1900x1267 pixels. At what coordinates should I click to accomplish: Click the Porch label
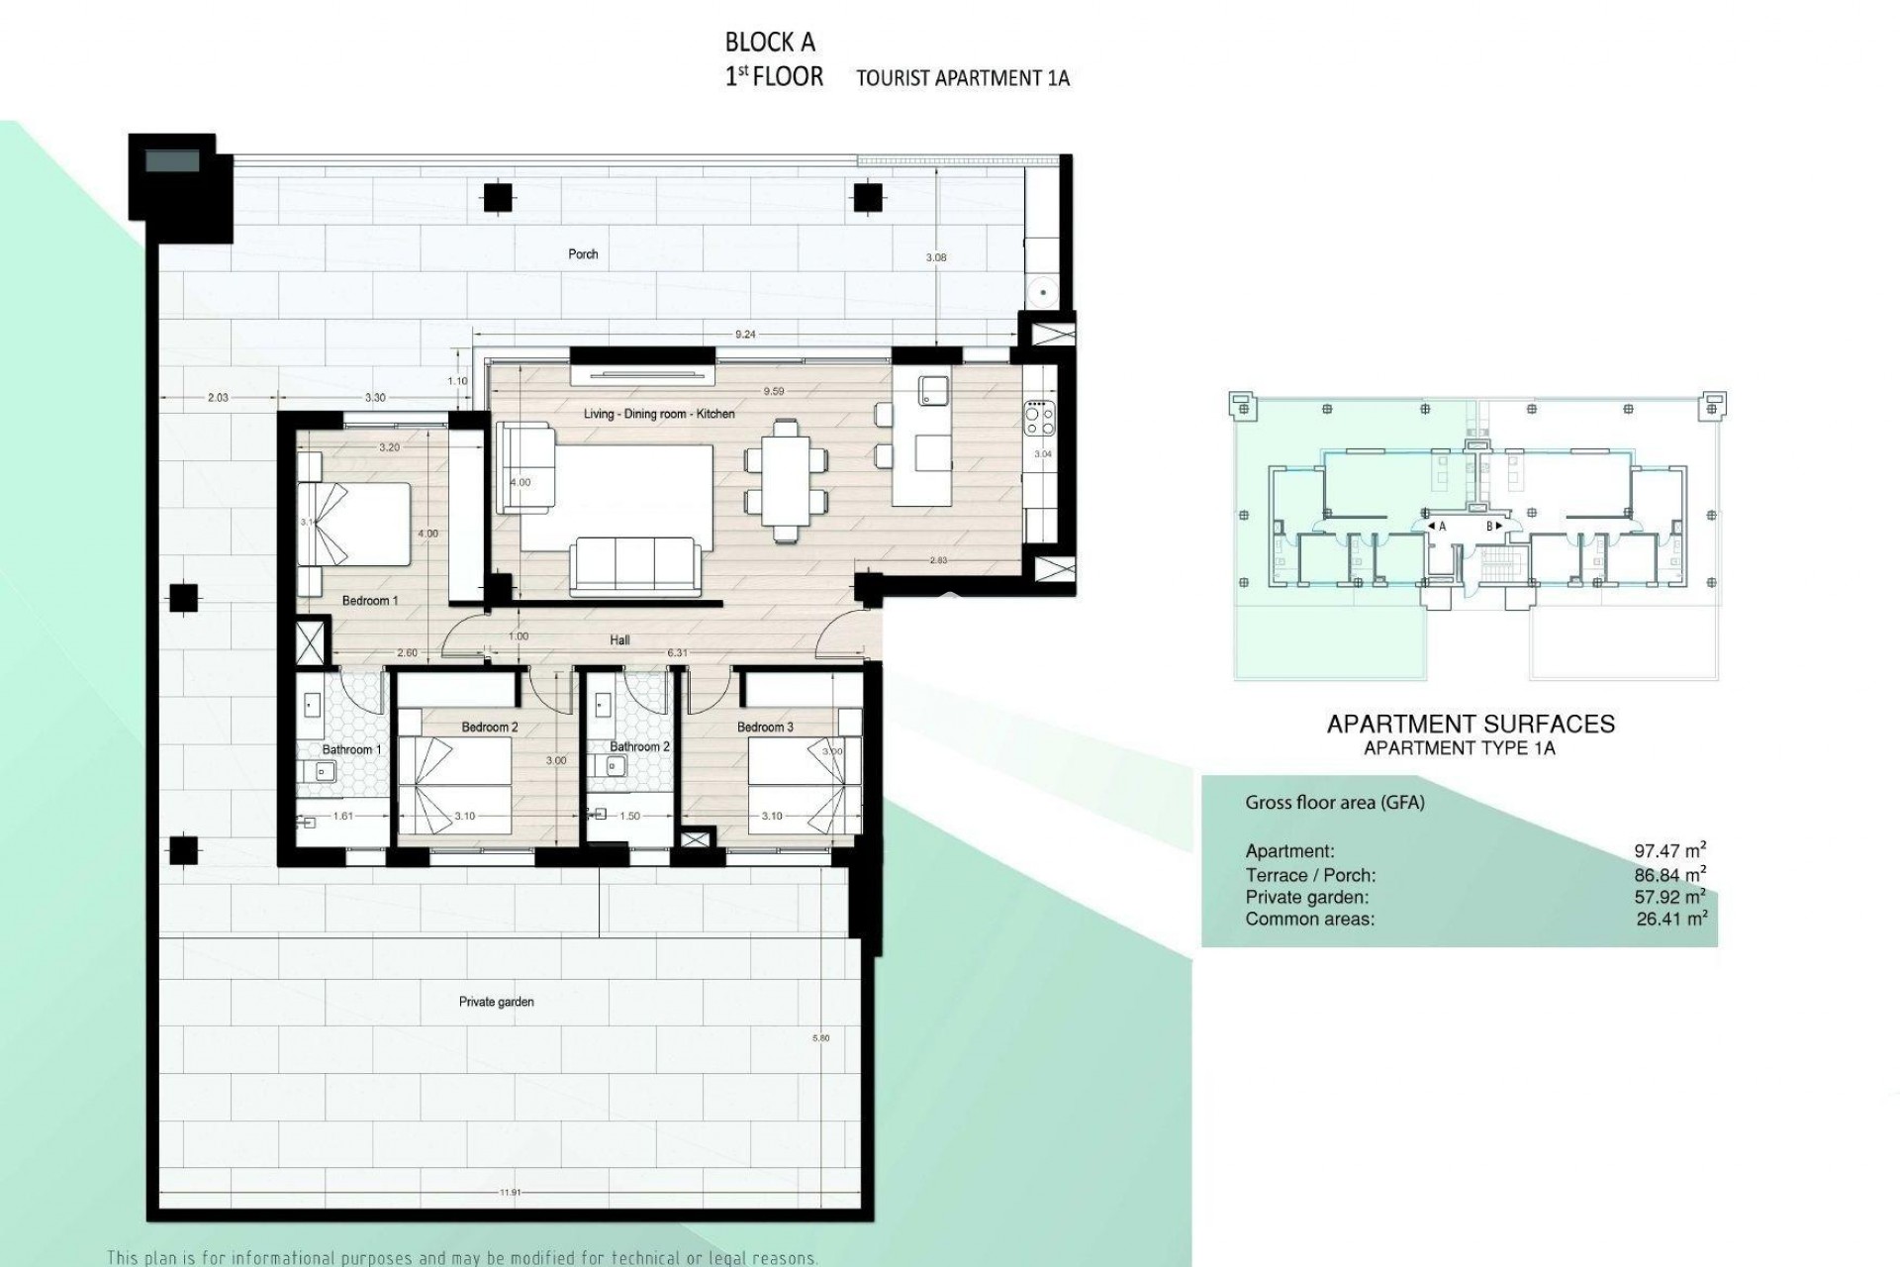[583, 254]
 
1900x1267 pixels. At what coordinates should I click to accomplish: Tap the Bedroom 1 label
[370, 601]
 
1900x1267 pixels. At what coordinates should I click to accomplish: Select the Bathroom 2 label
[639, 746]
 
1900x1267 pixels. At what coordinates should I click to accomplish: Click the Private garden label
[496, 1002]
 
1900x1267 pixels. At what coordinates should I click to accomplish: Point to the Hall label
[619, 640]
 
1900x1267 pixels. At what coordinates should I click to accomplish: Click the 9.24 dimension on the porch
[745, 335]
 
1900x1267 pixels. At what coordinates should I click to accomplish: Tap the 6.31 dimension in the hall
[678, 653]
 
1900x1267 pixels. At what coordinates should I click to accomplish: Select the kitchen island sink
[932, 389]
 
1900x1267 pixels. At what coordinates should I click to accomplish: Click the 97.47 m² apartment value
[1669, 850]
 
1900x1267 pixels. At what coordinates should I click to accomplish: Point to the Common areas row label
[1309, 920]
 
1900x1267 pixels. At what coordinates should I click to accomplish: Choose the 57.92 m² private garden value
[1669, 897]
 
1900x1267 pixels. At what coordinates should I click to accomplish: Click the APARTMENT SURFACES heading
[1470, 725]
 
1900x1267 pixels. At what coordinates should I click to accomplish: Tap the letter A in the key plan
[1442, 527]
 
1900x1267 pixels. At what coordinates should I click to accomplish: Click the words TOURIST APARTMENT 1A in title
[962, 78]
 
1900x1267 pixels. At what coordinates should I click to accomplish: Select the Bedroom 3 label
[765, 728]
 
